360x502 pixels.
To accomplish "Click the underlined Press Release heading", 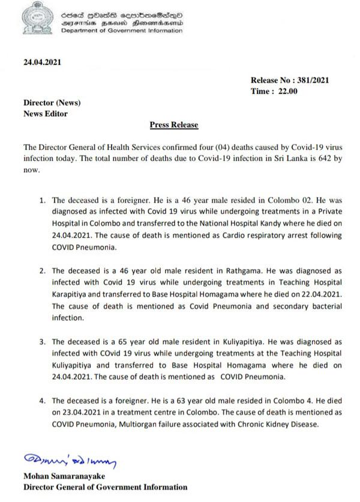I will click(173, 125).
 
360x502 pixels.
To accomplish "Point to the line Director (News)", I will click(52, 103).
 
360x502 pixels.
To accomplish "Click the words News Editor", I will click(45, 113).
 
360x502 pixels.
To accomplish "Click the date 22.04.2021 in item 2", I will click(321, 294).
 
